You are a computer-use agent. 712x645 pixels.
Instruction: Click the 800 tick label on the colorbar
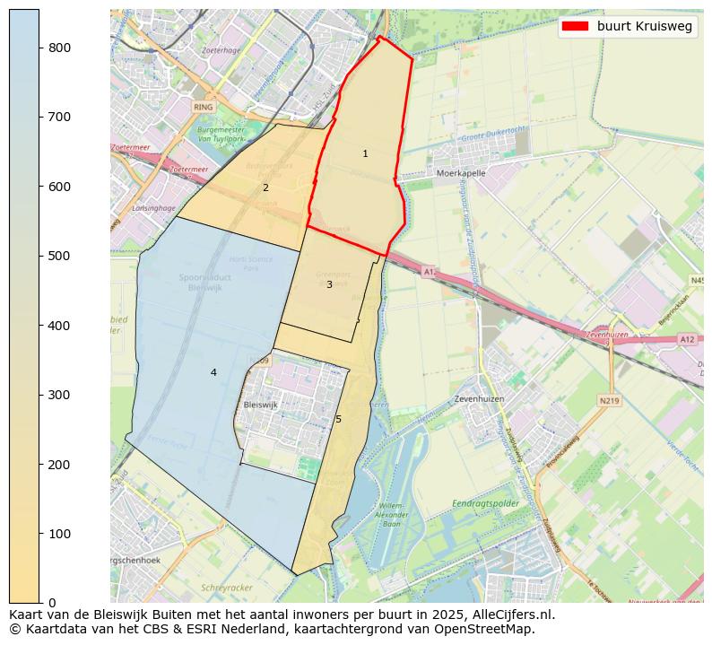click(59, 48)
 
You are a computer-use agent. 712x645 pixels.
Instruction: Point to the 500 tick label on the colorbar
click(59, 256)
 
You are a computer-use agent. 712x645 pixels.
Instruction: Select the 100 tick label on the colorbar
click(59, 534)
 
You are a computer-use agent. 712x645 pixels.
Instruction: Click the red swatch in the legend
click(575, 26)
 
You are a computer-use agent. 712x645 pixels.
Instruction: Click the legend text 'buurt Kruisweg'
click(644, 26)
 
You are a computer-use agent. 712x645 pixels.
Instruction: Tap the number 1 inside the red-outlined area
click(365, 154)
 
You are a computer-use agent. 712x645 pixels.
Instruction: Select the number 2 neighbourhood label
click(265, 188)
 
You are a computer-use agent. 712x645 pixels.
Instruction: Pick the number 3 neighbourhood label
click(329, 285)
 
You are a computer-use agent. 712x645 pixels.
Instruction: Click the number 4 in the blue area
click(213, 373)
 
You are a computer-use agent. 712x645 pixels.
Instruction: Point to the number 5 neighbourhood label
click(338, 420)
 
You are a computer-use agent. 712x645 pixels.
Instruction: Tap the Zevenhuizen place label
click(479, 397)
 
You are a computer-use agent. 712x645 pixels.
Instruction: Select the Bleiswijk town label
click(261, 405)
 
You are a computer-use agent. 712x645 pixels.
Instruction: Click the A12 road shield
click(687, 339)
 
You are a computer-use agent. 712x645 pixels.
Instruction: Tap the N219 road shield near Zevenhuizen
click(610, 400)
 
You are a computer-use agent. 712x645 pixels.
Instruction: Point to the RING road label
click(204, 106)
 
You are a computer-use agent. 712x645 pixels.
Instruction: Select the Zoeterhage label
click(222, 51)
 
